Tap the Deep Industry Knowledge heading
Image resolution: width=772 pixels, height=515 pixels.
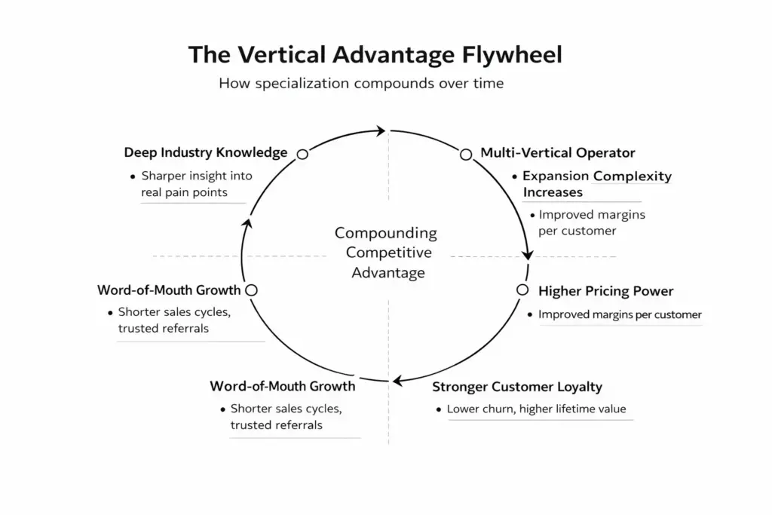tap(206, 153)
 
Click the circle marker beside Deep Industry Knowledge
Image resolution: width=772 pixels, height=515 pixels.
tap(302, 154)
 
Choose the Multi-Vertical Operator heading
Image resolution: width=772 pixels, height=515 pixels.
tap(558, 153)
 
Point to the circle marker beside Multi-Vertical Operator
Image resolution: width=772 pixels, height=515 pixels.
tap(465, 154)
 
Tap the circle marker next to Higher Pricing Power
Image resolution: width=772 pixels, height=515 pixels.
tap(522, 290)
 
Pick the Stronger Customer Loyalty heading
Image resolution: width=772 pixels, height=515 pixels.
tap(517, 388)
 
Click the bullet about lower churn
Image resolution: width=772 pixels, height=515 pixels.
tap(536, 410)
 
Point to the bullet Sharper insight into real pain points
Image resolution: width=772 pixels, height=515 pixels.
tap(193, 184)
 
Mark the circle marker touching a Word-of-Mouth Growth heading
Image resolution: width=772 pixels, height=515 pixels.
tap(252, 290)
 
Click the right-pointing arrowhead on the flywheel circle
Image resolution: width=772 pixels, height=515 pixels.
tap(381, 130)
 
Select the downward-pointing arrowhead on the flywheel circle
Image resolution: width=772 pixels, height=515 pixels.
tap(528, 255)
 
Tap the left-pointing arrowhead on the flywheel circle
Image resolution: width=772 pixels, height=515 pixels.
tap(400, 379)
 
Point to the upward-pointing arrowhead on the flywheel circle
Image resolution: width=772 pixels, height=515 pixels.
tap(245, 224)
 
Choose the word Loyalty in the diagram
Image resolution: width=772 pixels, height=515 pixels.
tap(578, 388)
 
